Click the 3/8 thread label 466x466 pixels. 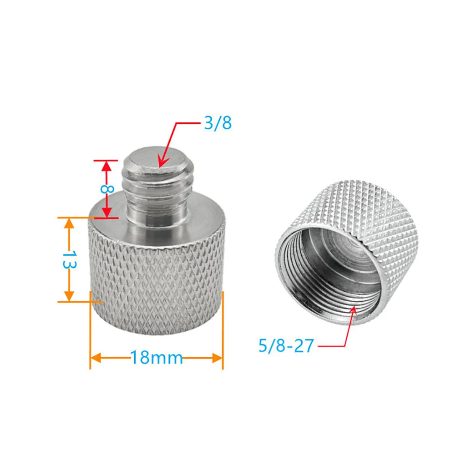pyautogui.click(x=218, y=123)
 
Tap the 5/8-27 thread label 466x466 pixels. pyautogui.click(x=286, y=346)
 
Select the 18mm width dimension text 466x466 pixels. pyautogui.click(x=157, y=358)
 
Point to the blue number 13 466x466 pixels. pyautogui.click(x=70, y=259)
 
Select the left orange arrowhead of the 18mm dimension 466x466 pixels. pyautogui.click(x=96, y=358)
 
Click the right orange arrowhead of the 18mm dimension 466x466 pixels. pyautogui.click(x=218, y=358)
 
